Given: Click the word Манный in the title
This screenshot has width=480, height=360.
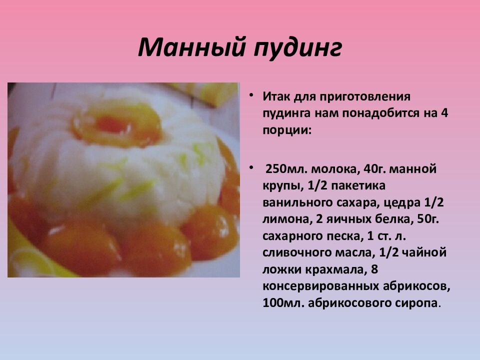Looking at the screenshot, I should point(190,48).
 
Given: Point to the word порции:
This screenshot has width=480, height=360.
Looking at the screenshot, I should point(286,130).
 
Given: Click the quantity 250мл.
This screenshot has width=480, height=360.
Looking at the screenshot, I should point(283,169).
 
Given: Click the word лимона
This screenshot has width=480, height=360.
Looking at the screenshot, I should point(283,220).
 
